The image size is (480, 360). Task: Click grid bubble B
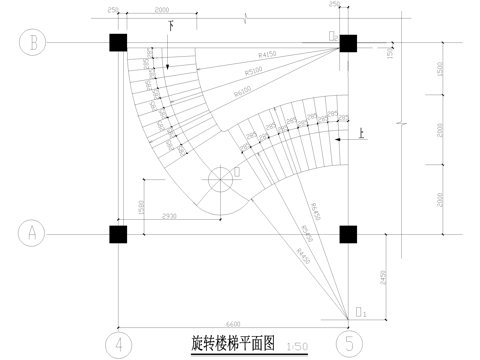31,43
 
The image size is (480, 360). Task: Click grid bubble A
31,234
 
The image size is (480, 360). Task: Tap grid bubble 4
118,343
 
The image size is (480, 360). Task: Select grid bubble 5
349,343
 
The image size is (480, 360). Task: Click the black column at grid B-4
118,43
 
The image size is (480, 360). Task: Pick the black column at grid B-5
349,43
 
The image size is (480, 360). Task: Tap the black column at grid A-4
118,234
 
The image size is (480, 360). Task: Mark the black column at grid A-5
349,234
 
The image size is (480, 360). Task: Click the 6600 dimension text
233,322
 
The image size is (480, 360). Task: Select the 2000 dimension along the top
155,10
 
